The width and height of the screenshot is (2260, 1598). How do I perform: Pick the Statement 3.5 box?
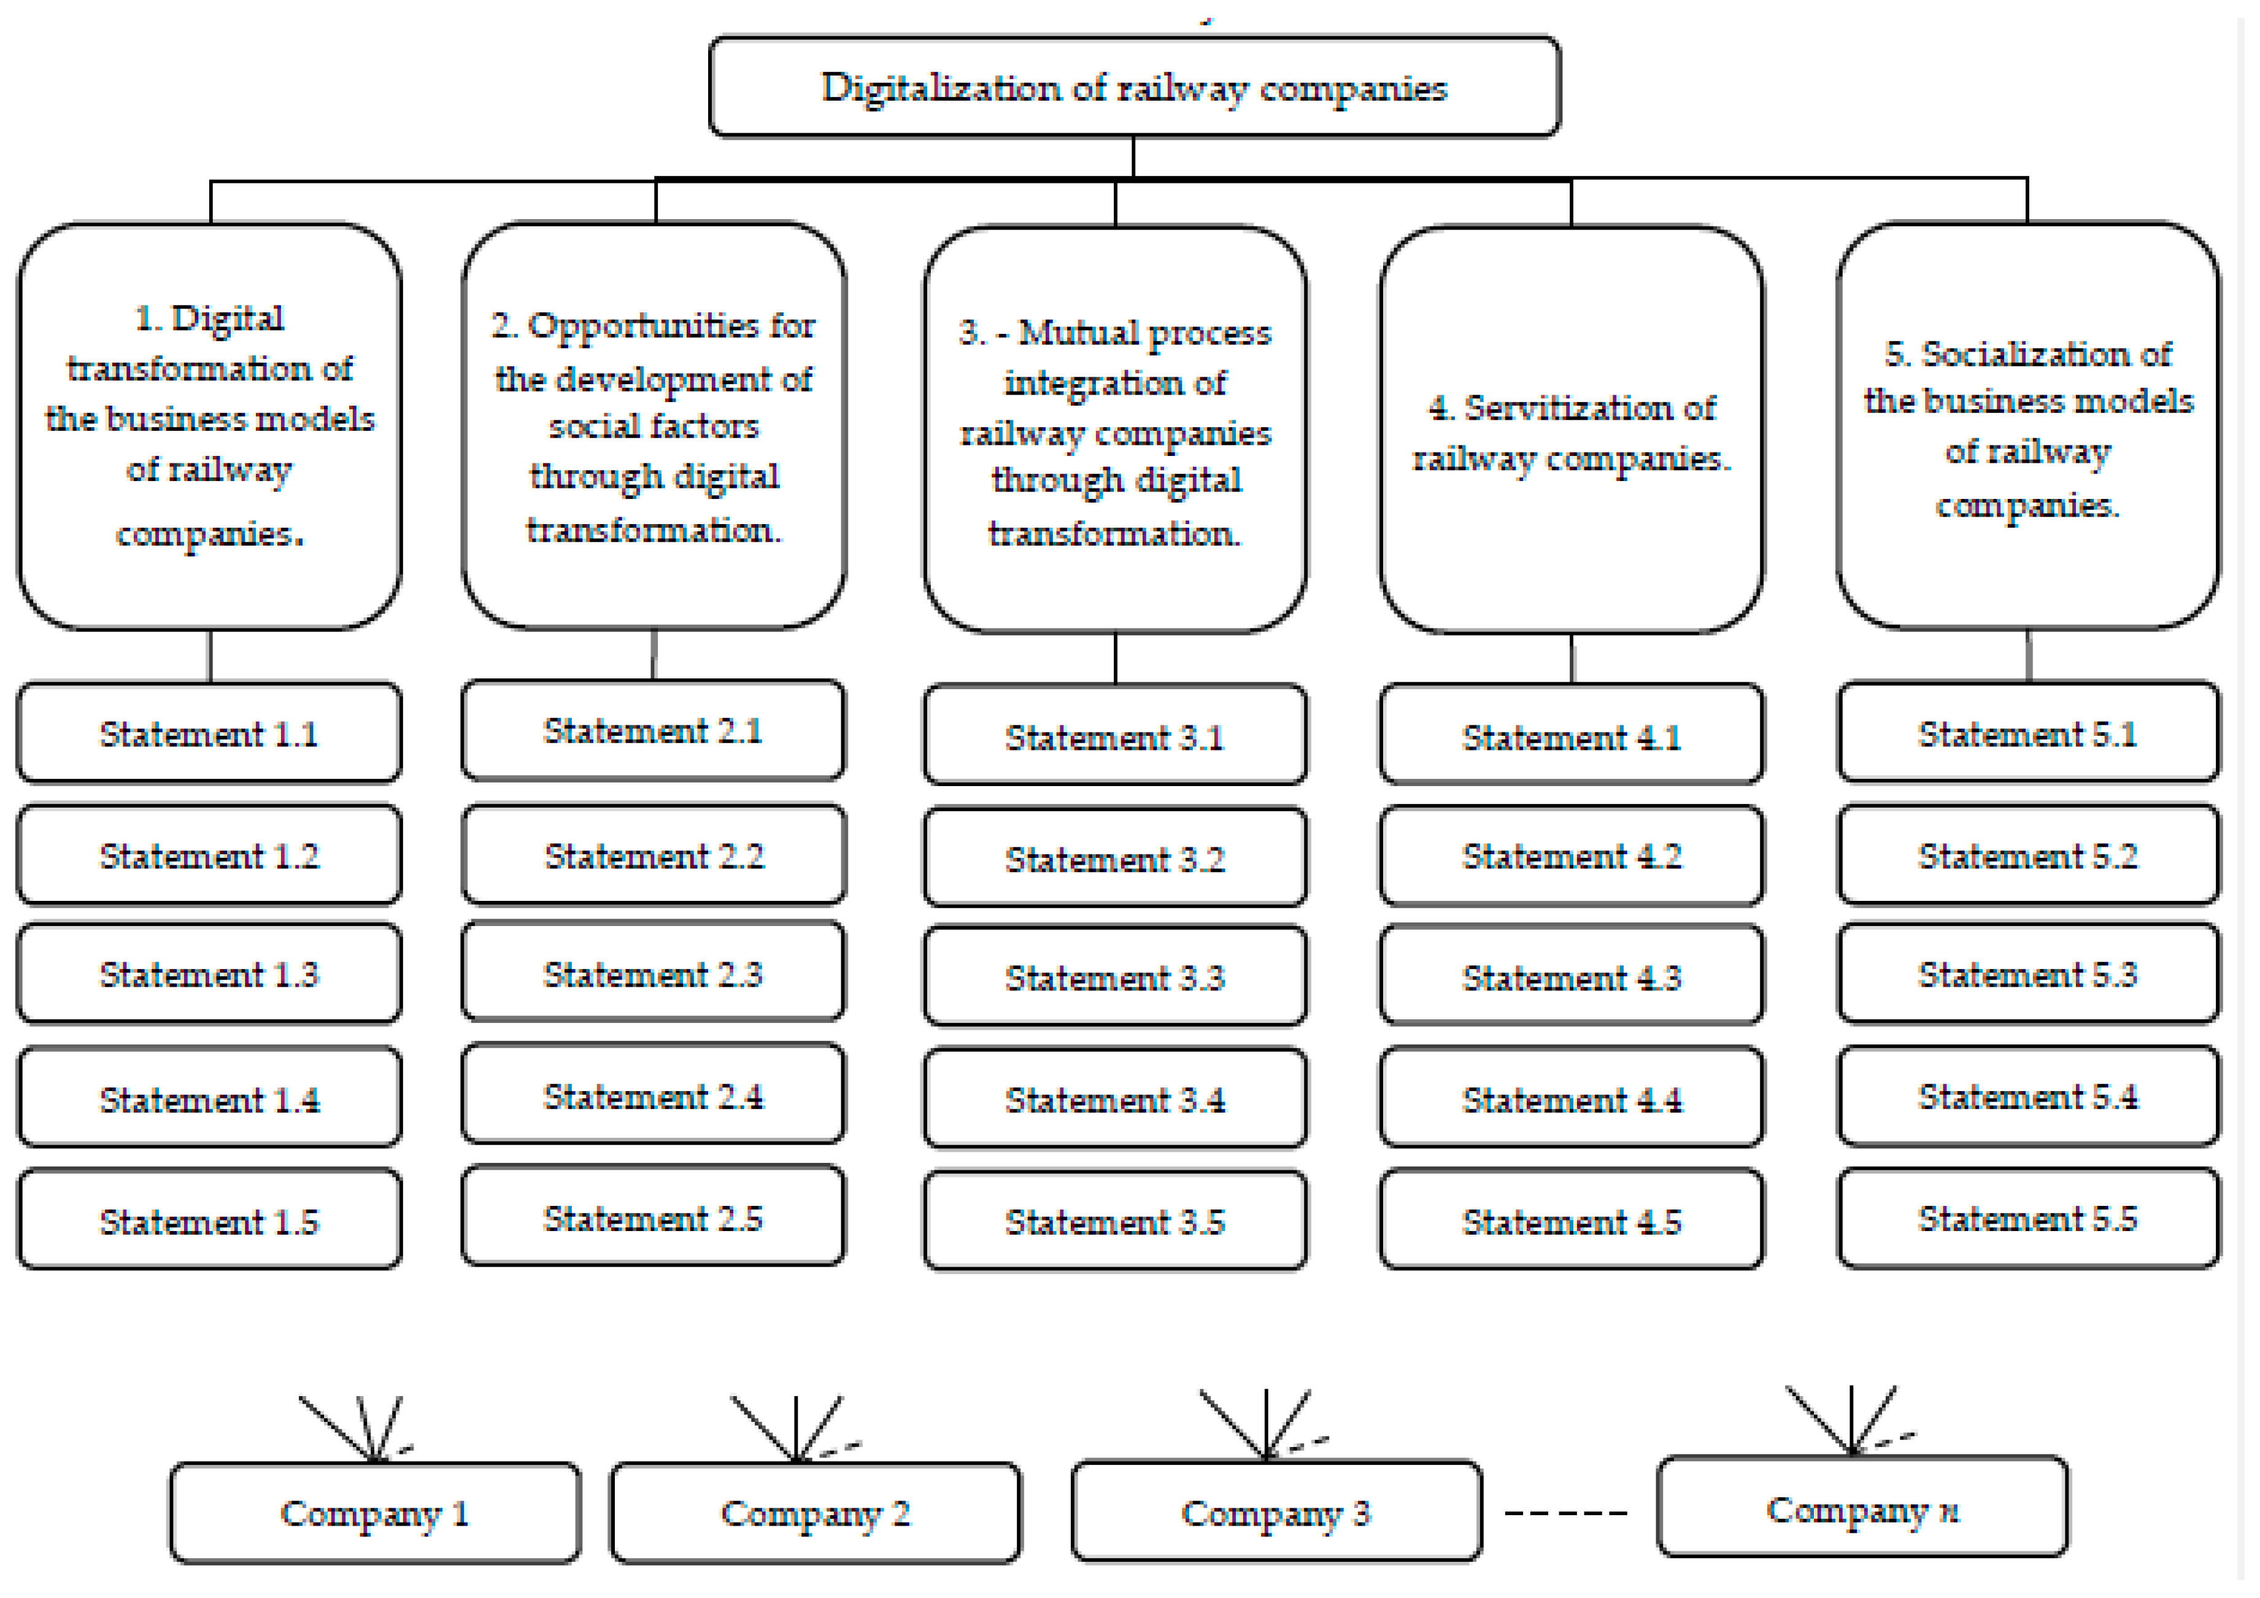pos(1114,1221)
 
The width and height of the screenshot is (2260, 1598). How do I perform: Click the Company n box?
pos(1862,1508)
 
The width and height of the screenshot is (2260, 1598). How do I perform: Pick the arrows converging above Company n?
pos(1851,1421)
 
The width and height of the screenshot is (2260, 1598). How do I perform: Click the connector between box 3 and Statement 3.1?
pos(1115,658)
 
